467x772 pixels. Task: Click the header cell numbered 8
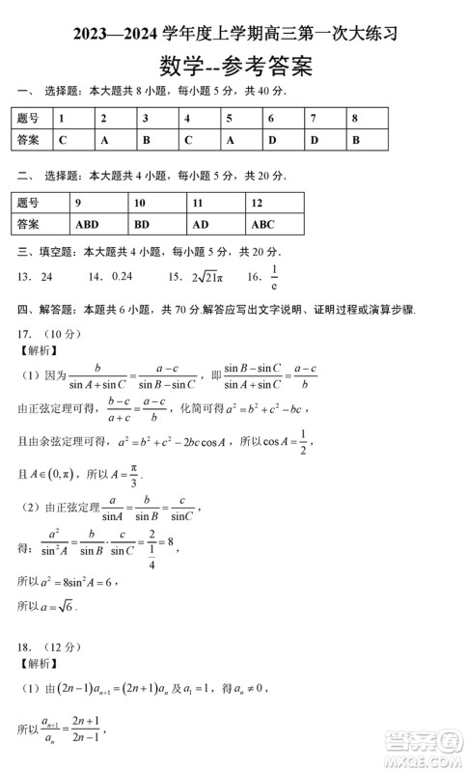coord(355,118)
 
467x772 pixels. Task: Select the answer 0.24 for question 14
coord(121,276)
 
